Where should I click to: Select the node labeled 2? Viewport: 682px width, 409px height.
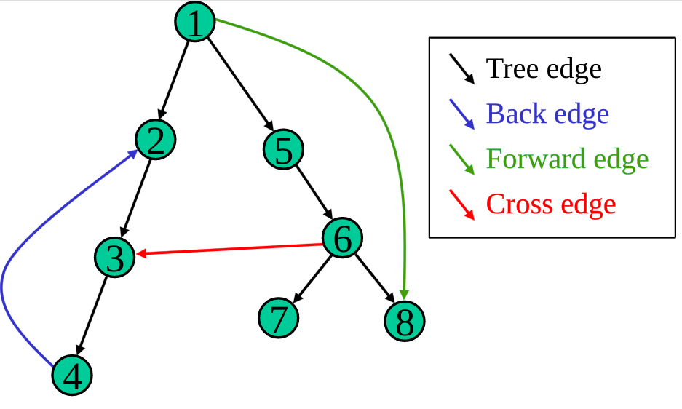156,139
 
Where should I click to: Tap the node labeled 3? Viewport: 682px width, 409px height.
115,257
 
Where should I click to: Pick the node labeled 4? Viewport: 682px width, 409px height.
73,376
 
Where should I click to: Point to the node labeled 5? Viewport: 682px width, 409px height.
283,150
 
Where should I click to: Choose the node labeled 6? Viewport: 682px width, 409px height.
342,237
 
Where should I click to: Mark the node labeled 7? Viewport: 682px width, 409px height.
279,318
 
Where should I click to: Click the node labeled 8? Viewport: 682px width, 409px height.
404,320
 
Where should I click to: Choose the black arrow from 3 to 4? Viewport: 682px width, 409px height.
93,315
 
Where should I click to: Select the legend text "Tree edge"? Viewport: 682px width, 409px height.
544,69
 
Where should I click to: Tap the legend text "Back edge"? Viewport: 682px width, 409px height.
547,114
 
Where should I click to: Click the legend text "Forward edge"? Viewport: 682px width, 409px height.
567,159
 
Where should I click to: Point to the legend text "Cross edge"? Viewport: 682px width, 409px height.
551,204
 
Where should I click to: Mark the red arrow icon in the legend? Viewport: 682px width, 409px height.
462,204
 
